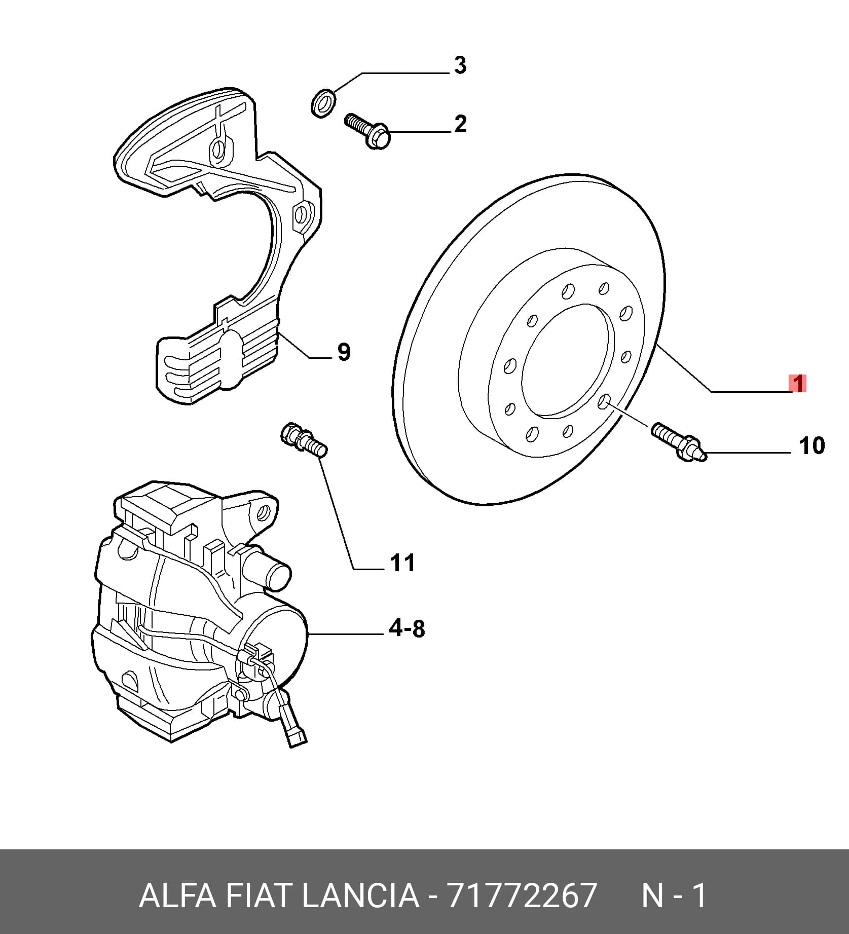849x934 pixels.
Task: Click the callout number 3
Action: (460, 65)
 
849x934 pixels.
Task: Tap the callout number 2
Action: (460, 124)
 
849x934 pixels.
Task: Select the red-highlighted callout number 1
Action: (798, 384)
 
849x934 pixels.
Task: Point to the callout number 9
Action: (344, 352)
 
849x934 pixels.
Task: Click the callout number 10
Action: (811, 445)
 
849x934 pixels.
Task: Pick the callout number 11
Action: (402, 563)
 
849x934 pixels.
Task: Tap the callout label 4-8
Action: (407, 629)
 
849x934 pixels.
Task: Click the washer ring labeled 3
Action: (322, 102)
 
